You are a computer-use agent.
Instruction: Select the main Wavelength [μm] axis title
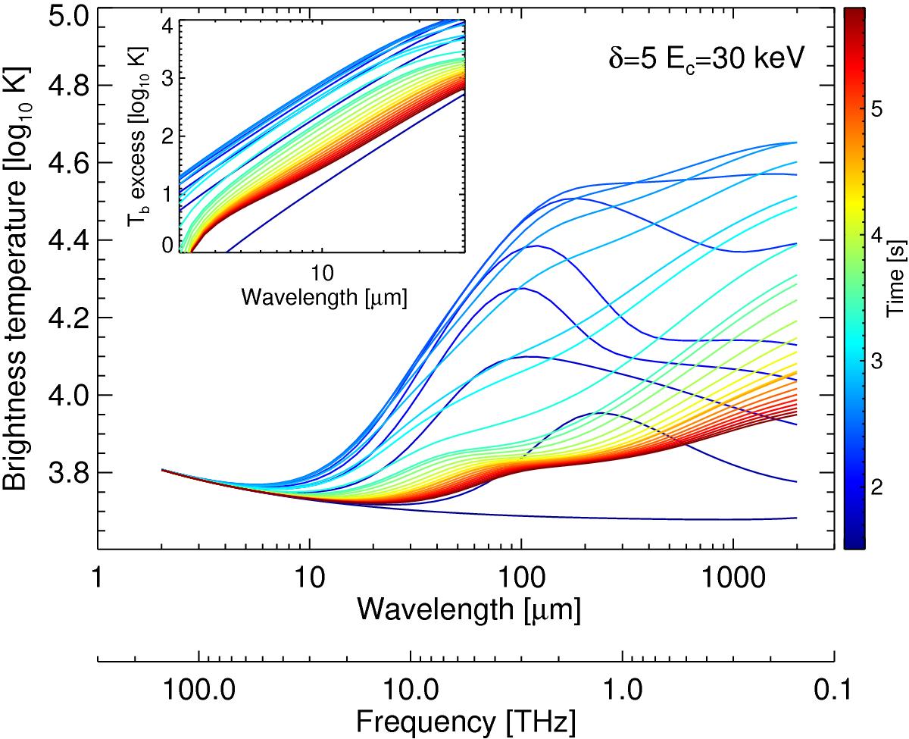(x=470, y=608)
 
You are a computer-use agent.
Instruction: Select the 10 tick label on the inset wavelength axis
(x=320, y=271)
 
